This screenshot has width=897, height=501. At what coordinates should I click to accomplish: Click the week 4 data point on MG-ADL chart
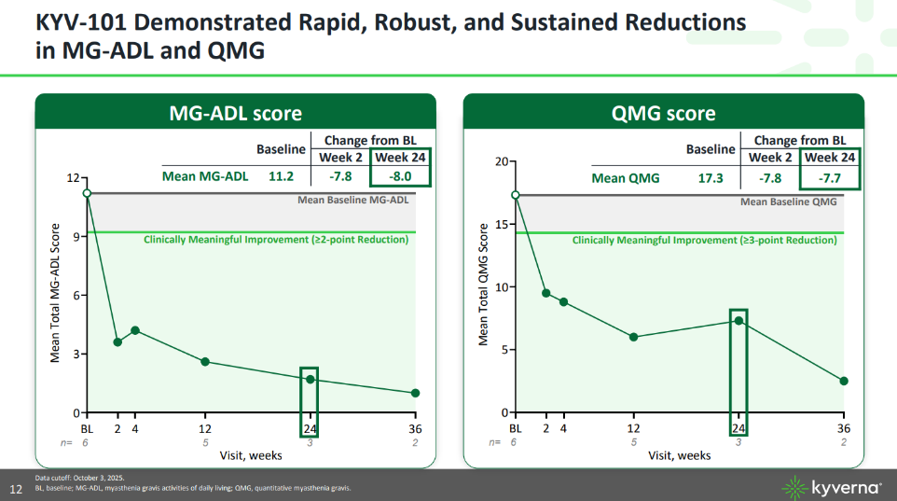click(135, 330)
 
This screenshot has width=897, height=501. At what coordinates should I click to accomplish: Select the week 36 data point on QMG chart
click(844, 381)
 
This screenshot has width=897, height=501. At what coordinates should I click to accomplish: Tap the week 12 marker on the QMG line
click(634, 337)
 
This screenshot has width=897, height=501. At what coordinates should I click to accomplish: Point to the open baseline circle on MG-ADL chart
click(87, 193)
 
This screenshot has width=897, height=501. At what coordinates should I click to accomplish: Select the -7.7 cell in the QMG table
click(829, 177)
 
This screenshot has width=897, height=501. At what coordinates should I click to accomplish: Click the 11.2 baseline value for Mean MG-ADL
click(281, 175)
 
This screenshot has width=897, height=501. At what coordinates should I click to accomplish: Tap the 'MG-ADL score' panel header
click(235, 113)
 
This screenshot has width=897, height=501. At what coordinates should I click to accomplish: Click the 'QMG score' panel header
click(664, 113)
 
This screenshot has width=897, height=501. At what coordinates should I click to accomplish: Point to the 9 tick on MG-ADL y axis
click(73, 236)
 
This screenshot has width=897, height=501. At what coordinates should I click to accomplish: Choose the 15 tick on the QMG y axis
click(502, 224)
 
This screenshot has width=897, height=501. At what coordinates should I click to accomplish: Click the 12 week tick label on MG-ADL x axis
click(205, 428)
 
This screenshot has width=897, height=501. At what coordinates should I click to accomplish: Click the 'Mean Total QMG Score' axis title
click(484, 285)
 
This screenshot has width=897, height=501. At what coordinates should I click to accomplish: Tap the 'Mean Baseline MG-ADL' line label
click(352, 200)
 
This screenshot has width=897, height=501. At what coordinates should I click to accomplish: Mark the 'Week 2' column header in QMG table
click(770, 158)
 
